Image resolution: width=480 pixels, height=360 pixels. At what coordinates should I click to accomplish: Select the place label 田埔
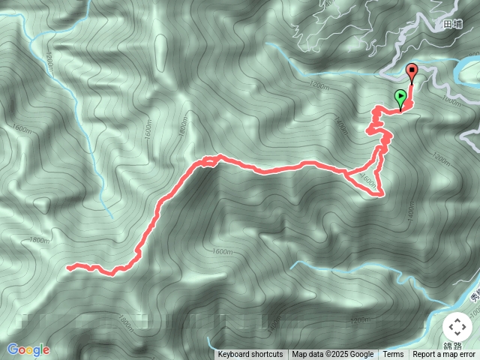tap(453, 25)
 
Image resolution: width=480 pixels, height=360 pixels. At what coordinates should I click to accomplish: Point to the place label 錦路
tap(453, 346)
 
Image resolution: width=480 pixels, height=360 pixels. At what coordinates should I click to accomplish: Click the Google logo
tap(28, 349)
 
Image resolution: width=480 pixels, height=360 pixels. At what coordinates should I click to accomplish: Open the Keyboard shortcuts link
tap(250, 355)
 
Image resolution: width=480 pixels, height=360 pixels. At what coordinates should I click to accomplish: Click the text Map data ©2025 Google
tap(333, 355)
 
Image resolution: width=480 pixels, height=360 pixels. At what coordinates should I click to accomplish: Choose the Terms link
tap(393, 355)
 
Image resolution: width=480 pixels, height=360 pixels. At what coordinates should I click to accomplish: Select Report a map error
tap(445, 355)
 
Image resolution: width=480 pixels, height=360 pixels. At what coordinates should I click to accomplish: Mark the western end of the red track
tap(68, 266)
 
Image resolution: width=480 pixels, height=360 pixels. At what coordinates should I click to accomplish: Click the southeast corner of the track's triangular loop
tap(382, 195)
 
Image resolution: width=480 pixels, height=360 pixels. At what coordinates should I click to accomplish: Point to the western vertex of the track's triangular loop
tap(346, 175)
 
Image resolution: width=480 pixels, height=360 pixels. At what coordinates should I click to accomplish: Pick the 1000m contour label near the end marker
tap(451, 100)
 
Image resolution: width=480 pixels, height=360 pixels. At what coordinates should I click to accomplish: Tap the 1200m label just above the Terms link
tap(359, 320)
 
